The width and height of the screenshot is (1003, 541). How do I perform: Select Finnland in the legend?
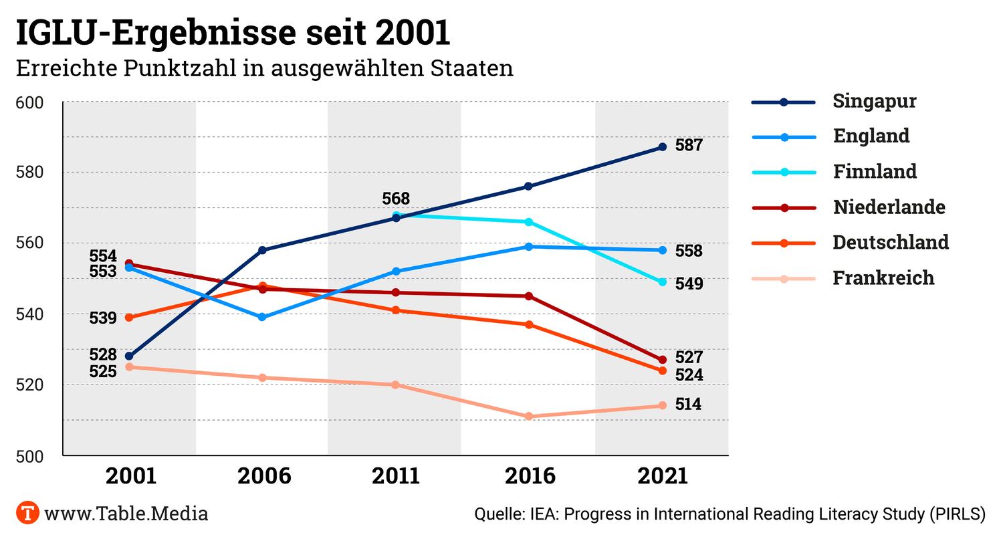[x=875, y=171]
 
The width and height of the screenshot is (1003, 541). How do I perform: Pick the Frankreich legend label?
[x=883, y=278]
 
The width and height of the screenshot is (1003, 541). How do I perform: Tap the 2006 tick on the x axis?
[x=265, y=475]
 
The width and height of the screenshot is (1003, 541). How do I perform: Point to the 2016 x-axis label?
[x=530, y=475]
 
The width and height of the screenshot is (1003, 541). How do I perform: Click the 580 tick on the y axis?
[x=29, y=173]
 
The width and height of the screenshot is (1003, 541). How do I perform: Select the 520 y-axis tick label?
[x=29, y=385]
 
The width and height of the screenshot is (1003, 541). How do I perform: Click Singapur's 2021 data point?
[x=663, y=147]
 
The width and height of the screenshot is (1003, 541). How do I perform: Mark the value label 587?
[x=689, y=145]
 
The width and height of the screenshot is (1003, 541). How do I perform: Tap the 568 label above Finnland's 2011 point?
[x=396, y=199]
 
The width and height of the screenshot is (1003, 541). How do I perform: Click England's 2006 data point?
[x=262, y=317]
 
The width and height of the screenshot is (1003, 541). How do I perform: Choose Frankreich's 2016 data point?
[x=529, y=416]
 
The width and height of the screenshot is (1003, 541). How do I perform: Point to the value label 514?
[x=688, y=405]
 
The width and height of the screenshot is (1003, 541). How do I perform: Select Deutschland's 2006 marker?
[x=262, y=286]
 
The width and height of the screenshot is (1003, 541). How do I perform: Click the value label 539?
[x=103, y=318]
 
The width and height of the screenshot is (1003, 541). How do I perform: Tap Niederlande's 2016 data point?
[x=529, y=296]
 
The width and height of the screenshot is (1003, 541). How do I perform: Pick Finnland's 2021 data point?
[x=663, y=282]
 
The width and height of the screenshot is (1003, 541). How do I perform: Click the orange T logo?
[x=27, y=514]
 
